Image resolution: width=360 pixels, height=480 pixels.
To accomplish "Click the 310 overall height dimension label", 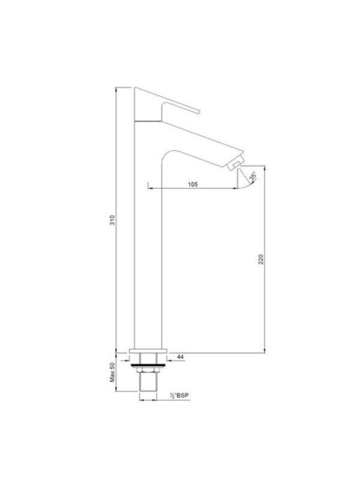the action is click(x=112, y=220).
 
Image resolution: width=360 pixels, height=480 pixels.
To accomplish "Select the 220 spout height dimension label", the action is click(x=260, y=259).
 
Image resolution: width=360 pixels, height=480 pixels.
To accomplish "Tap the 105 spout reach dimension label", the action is click(x=193, y=184).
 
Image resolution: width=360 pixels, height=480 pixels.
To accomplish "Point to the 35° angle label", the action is click(x=253, y=177).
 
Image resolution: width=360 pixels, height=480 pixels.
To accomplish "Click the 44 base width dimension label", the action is click(x=181, y=357).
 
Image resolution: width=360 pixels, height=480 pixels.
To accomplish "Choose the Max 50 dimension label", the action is click(x=112, y=372).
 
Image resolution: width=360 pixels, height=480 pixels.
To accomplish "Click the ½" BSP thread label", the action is click(x=179, y=395).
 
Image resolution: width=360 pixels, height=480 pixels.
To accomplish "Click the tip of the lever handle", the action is click(x=199, y=112).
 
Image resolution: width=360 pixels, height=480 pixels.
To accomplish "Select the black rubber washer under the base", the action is click(x=148, y=365).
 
